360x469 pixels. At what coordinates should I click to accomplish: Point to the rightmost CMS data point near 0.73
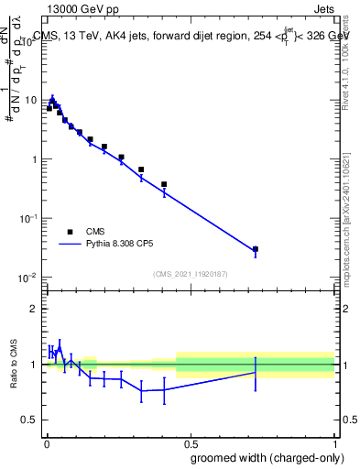[256, 249]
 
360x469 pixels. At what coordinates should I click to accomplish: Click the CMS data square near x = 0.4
[164, 184]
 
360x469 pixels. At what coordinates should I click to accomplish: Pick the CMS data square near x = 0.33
[141, 169]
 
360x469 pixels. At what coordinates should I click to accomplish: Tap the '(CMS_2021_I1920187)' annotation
[190, 274]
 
